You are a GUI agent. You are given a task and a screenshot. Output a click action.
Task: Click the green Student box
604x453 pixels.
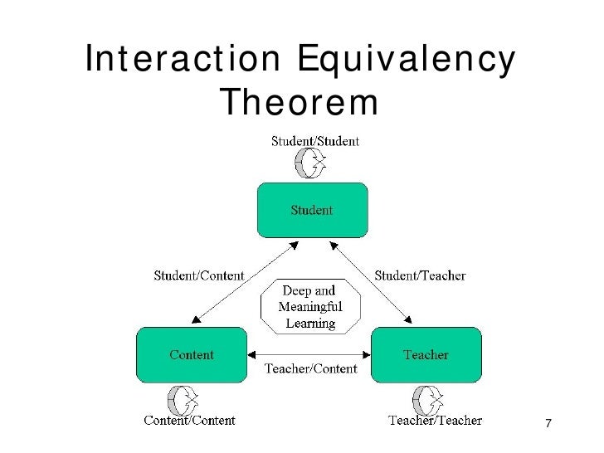(311, 212)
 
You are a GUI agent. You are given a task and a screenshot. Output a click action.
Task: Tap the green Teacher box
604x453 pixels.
(426, 356)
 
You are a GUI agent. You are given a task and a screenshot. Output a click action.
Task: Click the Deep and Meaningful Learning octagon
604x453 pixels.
(310, 307)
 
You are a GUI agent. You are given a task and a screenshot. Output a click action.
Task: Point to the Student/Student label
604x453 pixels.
(316, 141)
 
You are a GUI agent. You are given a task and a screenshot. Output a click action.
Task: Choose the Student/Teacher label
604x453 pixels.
(421, 275)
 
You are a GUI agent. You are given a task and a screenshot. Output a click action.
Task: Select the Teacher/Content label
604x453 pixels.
(310, 368)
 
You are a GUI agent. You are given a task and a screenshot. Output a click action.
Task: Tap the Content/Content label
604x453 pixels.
(190, 420)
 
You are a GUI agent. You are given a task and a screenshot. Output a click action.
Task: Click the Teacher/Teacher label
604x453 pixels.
(436, 420)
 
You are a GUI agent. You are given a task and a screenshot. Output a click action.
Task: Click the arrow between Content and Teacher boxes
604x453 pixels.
(309, 353)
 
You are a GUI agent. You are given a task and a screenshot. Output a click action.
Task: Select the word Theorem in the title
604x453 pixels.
(300, 103)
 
